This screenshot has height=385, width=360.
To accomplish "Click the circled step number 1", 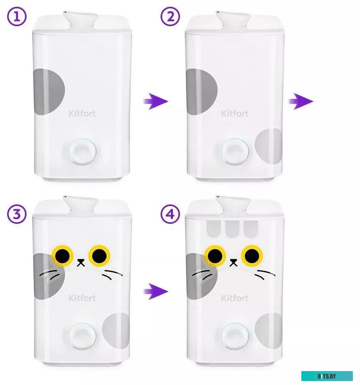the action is pos(16,16).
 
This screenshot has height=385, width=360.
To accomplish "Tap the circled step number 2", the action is pos(170,16).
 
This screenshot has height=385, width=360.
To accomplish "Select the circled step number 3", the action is pos(16,214).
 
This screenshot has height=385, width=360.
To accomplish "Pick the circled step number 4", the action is pos(170,214).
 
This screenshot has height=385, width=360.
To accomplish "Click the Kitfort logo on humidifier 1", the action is pos(82,114).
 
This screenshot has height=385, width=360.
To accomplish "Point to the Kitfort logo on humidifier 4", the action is pos(235,298).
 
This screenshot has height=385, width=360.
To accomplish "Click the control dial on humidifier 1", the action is pos(82,152).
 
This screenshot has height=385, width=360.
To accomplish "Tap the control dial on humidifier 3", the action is pos(82,336).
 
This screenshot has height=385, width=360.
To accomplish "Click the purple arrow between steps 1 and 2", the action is pos(155,101).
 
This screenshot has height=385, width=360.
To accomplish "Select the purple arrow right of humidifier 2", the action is pos(301,101).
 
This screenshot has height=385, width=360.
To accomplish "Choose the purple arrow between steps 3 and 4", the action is pos(155,291).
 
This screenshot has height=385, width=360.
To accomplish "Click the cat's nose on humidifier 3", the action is pos(81,262).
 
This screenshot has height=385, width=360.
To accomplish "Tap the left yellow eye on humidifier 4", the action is pos(215,256).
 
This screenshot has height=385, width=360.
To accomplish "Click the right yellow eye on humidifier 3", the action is pos(100,256).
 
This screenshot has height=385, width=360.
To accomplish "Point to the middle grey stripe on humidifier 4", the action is pos(232,229).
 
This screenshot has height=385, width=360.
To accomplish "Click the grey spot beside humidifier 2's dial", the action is pos(268,146).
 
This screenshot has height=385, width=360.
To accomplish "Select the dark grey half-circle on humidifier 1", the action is pos(49,92).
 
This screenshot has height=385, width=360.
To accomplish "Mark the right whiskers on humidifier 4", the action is pos(264,275).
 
